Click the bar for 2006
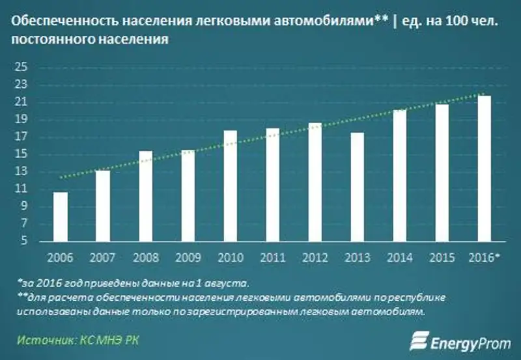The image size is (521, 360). click(61, 217)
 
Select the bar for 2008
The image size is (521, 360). click(145, 196)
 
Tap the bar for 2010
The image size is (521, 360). click(231, 186)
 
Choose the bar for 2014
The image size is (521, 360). click(400, 176)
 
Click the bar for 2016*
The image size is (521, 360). click(485, 169)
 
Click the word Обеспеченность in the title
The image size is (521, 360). click(53, 21)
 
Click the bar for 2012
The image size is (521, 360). click(315, 182)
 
